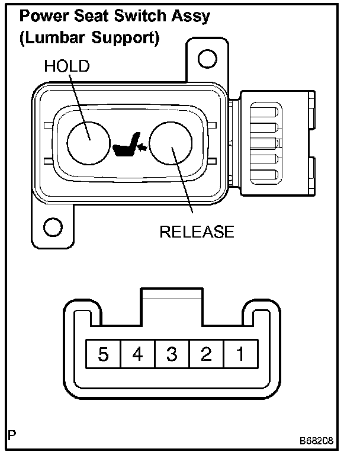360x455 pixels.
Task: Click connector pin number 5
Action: point(104,355)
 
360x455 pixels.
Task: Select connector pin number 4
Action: point(137,355)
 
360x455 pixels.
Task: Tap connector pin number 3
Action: point(172,355)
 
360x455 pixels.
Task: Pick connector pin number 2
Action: point(206,355)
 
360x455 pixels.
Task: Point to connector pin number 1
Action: point(240,355)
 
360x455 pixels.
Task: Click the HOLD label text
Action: point(66,66)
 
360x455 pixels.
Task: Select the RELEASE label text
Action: point(197,231)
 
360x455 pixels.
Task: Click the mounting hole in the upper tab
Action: point(205,58)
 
